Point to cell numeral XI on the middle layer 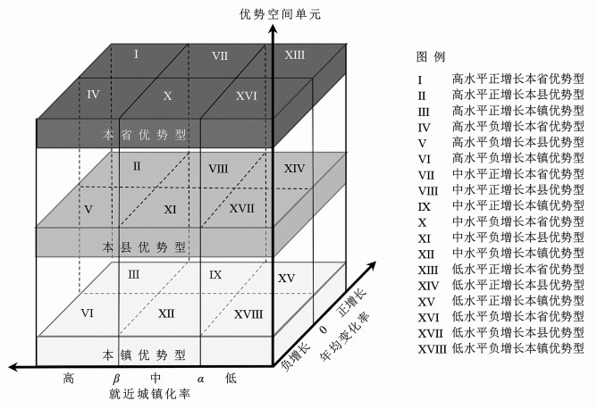click(x=171, y=209)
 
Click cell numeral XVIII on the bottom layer click(x=248, y=314)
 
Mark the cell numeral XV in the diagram click(x=287, y=280)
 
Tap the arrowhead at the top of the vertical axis click(x=270, y=27)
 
